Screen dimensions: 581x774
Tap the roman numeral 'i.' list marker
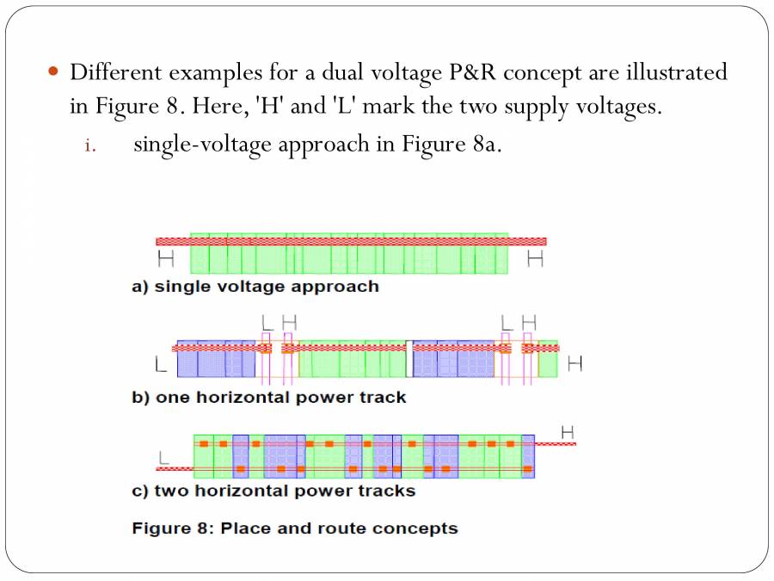90,144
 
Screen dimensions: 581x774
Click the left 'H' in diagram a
165,257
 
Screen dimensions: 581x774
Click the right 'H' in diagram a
535,257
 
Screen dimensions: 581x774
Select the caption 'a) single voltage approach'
255,287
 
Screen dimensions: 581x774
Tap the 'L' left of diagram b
161,365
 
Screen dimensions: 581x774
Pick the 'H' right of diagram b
574,364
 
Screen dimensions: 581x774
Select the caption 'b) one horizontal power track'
268,398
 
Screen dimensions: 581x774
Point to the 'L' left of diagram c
163,457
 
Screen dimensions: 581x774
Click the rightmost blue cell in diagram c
528,456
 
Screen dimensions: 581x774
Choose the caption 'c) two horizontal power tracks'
273,491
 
